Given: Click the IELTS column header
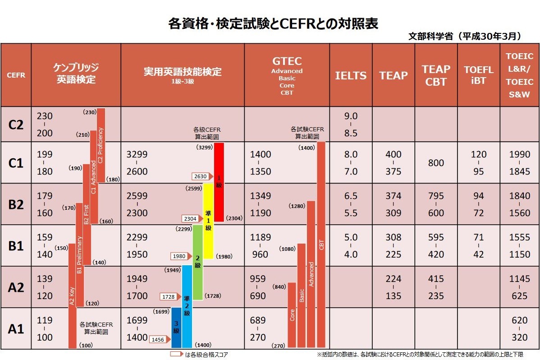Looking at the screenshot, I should tap(351, 75).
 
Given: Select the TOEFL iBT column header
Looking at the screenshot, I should tap(479, 75).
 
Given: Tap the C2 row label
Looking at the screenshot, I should tap(16, 125).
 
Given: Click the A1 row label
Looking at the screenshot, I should tap(16, 329).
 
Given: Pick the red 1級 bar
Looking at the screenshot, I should tap(219, 182).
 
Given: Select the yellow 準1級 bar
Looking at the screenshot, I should tap(208, 221).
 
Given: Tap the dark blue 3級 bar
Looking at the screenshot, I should tap(176, 328).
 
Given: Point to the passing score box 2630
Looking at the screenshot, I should tap(201, 176).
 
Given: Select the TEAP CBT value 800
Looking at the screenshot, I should tap(436, 163).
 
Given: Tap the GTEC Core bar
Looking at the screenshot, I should tap(292, 315).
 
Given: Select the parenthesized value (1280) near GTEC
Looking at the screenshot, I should tap(297, 206).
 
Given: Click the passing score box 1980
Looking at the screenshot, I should tap(179, 256).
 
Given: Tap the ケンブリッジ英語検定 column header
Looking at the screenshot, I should tap(76, 74).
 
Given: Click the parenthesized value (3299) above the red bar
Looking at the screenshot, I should tap(205, 147).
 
